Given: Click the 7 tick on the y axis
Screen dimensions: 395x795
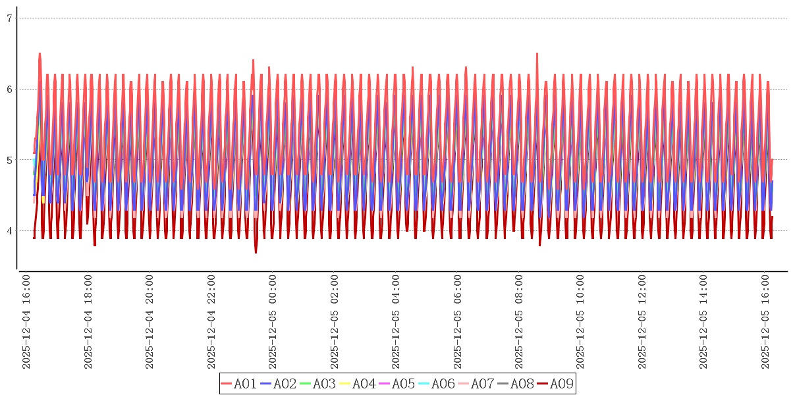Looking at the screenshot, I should tap(9, 18).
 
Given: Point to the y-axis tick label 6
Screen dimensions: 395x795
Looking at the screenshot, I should tap(9, 89).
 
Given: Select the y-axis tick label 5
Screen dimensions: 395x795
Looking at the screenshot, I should tap(9, 160).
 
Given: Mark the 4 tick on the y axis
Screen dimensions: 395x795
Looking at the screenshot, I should tap(9, 230).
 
